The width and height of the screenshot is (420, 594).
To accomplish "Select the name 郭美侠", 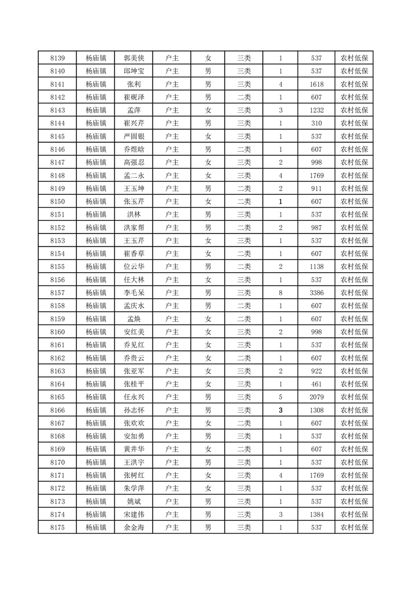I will (x=133, y=58).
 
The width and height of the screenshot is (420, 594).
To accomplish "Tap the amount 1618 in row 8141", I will (x=317, y=84).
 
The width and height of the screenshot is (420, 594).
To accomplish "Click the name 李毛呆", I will (x=133, y=292).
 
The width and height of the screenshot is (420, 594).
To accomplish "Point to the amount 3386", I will (x=317, y=292).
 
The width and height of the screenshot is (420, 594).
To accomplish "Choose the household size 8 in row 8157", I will (x=280, y=292).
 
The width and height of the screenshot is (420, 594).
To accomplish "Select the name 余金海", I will (x=133, y=527).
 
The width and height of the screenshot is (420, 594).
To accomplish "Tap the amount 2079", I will (x=317, y=397).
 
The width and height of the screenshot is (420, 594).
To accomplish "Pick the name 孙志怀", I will (x=133, y=410).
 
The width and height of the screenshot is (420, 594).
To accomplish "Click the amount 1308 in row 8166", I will (x=317, y=410).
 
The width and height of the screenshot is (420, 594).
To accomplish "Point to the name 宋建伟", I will (x=133, y=514).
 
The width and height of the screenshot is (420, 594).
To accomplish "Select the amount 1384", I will (x=317, y=514).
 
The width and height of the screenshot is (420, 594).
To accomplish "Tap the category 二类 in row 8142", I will (x=244, y=97).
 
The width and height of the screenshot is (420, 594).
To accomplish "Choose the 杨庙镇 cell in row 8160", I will (x=96, y=331).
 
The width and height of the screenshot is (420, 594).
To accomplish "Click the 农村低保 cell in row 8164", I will (x=354, y=384).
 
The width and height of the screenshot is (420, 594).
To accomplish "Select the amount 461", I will (x=317, y=384).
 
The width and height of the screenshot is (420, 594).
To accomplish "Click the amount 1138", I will (x=317, y=266).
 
